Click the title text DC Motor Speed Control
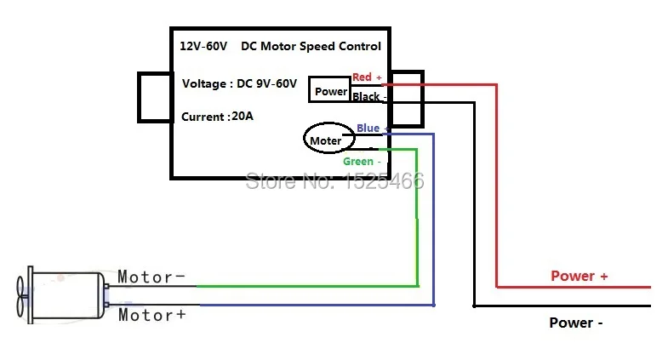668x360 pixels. click(x=311, y=46)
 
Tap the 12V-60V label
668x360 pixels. click(x=203, y=46)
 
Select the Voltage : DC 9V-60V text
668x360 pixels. click(x=239, y=83)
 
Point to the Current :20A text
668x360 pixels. click(x=217, y=117)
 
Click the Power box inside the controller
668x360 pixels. click(x=329, y=89)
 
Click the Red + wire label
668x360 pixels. click(x=367, y=77)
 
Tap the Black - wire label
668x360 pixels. click(x=369, y=97)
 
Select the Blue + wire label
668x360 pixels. click(x=373, y=128)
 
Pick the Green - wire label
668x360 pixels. click(x=362, y=162)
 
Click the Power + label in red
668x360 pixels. click(x=579, y=276)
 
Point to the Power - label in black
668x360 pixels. click(x=576, y=323)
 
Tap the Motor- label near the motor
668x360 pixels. click(x=151, y=277)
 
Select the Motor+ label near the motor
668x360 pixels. click(x=152, y=315)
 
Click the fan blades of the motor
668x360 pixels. click(x=20, y=296)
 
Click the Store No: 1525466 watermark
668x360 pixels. click(x=335, y=181)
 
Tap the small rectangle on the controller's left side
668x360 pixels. click(x=155, y=98)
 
